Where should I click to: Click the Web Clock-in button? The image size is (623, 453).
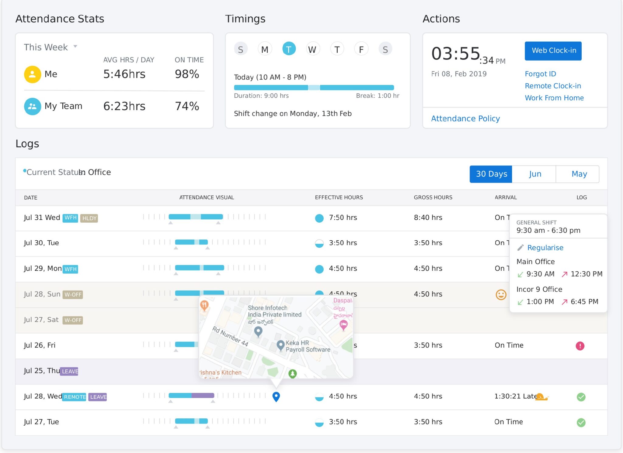(553, 51)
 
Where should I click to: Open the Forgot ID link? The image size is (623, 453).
(540, 74)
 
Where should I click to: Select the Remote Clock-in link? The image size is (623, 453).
(552, 86)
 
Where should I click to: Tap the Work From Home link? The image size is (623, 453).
(554, 98)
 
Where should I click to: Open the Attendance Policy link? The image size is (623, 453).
(465, 119)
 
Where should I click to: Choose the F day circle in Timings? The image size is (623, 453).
(361, 49)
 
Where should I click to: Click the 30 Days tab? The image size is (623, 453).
(491, 174)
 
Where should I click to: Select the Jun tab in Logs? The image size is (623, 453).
(534, 174)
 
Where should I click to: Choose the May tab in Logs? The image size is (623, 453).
(579, 174)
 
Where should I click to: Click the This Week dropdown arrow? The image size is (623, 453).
(75, 47)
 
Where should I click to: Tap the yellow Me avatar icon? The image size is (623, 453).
(32, 74)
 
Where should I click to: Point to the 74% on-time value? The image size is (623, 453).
(187, 106)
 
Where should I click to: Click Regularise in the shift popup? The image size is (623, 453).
(545, 248)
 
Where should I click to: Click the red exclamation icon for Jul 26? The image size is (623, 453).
(580, 346)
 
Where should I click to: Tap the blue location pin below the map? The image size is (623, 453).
(276, 396)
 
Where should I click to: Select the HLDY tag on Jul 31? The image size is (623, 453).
(89, 218)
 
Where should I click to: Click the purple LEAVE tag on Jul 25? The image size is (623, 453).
(69, 371)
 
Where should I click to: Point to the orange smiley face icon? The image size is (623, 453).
(501, 294)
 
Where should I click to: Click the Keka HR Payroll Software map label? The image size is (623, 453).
(307, 346)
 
